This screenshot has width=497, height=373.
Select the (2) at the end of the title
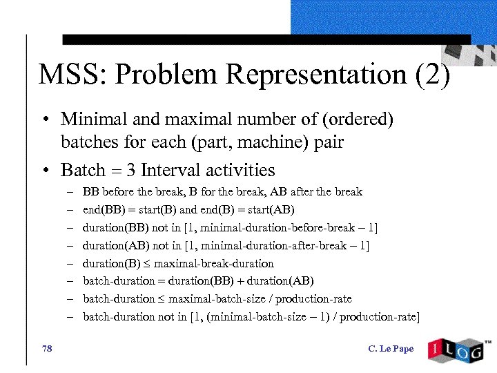tap(433, 75)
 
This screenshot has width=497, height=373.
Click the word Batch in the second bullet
tap(84, 170)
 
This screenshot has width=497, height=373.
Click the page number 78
tap(47, 348)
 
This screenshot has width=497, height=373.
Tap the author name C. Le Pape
tap(391, 349)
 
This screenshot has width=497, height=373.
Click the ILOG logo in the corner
tap(456, 350)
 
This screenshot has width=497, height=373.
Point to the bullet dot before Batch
tap(44, 171)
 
